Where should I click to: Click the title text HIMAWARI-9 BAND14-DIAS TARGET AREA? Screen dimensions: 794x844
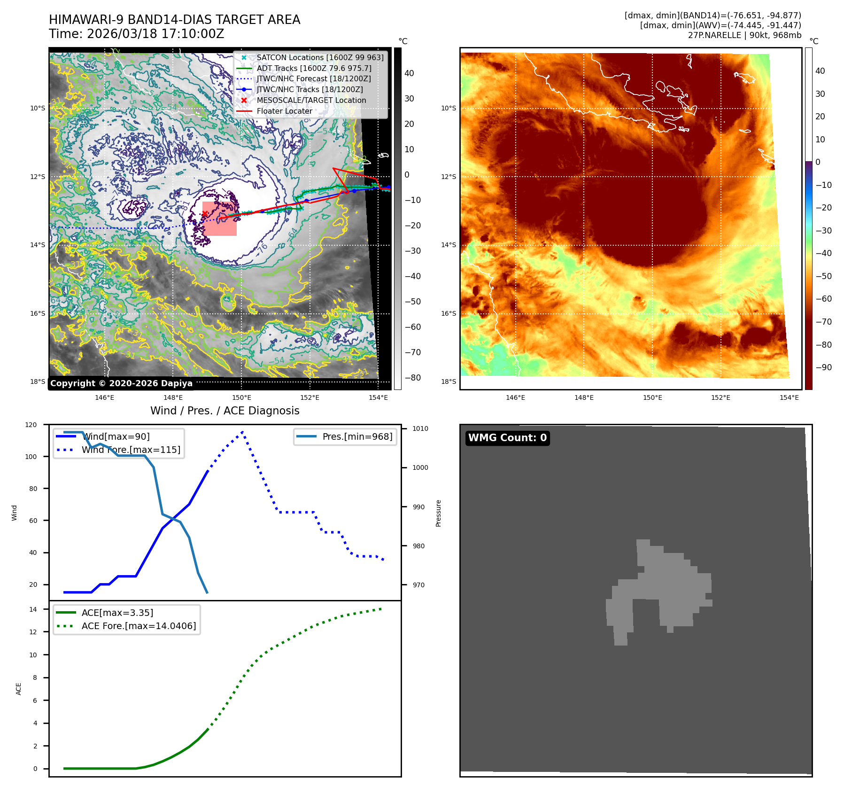pos(174,20)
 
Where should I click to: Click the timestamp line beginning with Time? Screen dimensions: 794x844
pos(136,34)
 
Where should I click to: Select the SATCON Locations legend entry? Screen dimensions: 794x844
pos(320,57)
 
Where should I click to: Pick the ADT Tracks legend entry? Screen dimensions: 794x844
pos(314,68)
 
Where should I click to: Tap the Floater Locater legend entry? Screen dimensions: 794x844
pos(284,111)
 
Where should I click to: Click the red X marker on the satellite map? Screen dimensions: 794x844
pos(205,214)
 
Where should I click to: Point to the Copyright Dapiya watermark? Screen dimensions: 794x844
pos(121,383)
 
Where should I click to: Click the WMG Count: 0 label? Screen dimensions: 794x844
pos(507,438)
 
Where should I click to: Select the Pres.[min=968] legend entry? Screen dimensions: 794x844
pos(357,436)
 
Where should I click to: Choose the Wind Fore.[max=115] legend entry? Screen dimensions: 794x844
pos(131,450)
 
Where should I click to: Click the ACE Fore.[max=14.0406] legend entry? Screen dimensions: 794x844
pos(139,626)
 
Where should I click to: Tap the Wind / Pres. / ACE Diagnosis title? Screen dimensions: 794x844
pos(225,411)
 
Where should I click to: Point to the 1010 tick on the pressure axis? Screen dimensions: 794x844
pos(420,428)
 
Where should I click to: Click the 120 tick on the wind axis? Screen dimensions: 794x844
pos(31,425)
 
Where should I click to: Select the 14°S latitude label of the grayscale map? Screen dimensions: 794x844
pos(38,245)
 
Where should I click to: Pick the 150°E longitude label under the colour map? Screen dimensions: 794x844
pos(652,397)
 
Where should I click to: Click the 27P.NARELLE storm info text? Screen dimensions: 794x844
pos(744,35)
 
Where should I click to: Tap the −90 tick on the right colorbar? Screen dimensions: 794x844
pos(823,367)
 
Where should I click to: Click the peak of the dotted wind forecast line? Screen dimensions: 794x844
pos(242,432)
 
